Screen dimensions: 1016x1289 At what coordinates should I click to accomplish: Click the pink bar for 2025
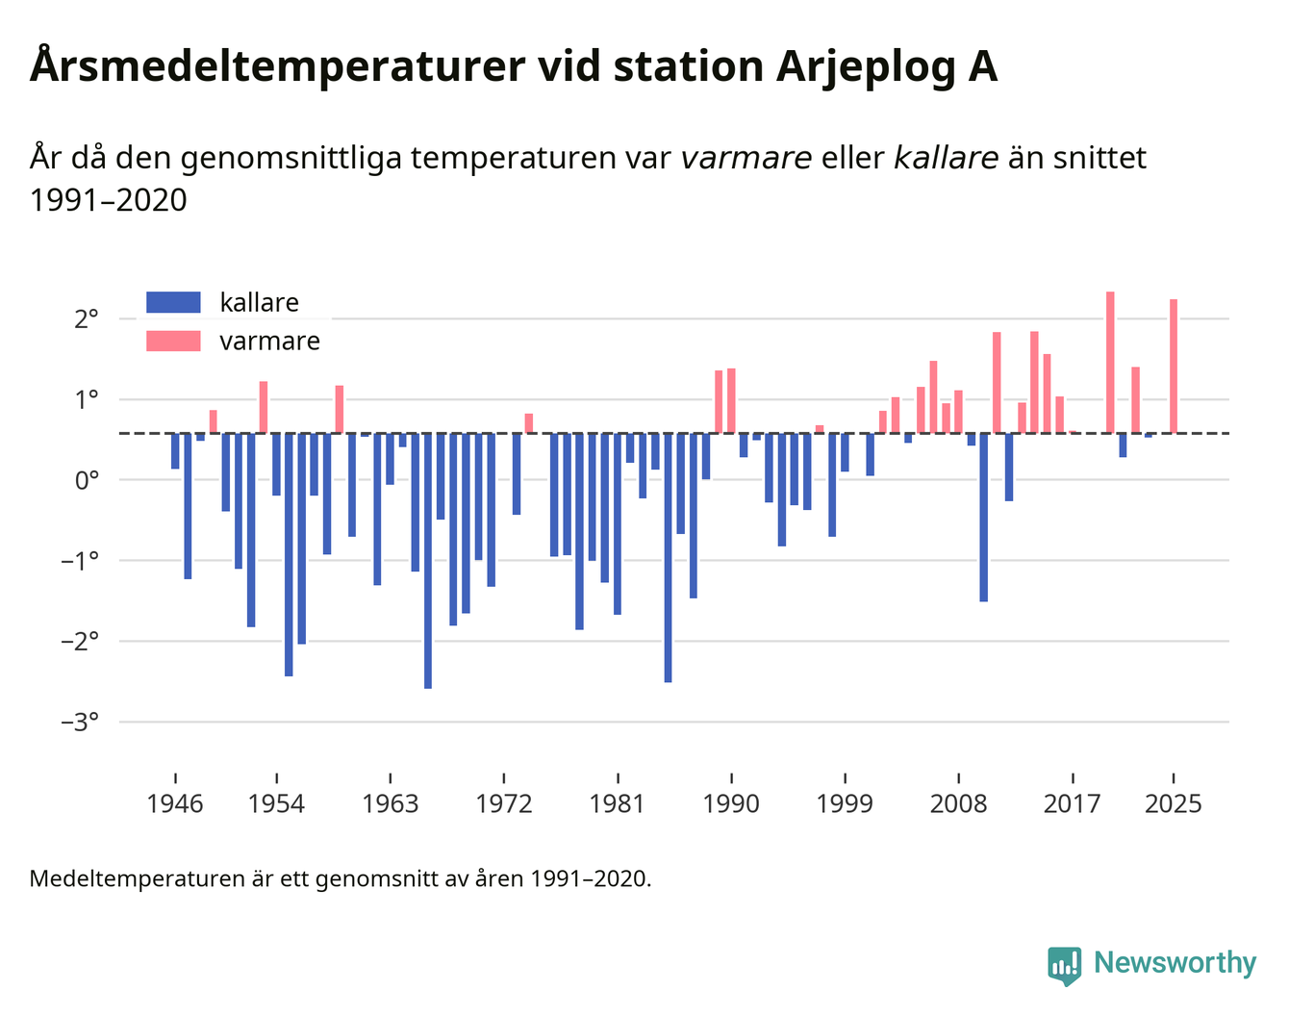(x=1174, y=366)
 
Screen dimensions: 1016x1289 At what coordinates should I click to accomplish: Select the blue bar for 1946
(x=175, y=451)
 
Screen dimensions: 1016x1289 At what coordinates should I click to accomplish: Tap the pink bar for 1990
(x=731, y=400)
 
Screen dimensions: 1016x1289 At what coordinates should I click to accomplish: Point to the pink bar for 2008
(x=958, y=412)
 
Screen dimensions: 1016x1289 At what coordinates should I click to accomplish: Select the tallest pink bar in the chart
(x=1110, y=362)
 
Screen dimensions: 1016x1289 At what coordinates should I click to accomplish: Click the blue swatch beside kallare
(x=173, y=302)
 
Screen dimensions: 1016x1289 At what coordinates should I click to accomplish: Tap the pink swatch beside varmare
(x=173, y=342)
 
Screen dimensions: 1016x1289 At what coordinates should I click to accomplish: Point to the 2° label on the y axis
(x=87, y=318)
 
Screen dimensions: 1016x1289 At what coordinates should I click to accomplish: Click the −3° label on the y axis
(x=80, y=722)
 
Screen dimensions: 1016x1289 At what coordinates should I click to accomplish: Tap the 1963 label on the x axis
(x=390, y=804)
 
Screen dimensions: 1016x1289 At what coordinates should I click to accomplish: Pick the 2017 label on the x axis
(x=1072, y=804)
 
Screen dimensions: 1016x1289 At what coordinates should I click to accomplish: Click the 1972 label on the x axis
(x=504, y=804)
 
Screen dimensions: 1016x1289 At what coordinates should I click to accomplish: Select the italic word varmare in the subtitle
(x=746, y=158)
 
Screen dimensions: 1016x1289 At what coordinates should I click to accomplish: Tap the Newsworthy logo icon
(x=1064, y=964)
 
